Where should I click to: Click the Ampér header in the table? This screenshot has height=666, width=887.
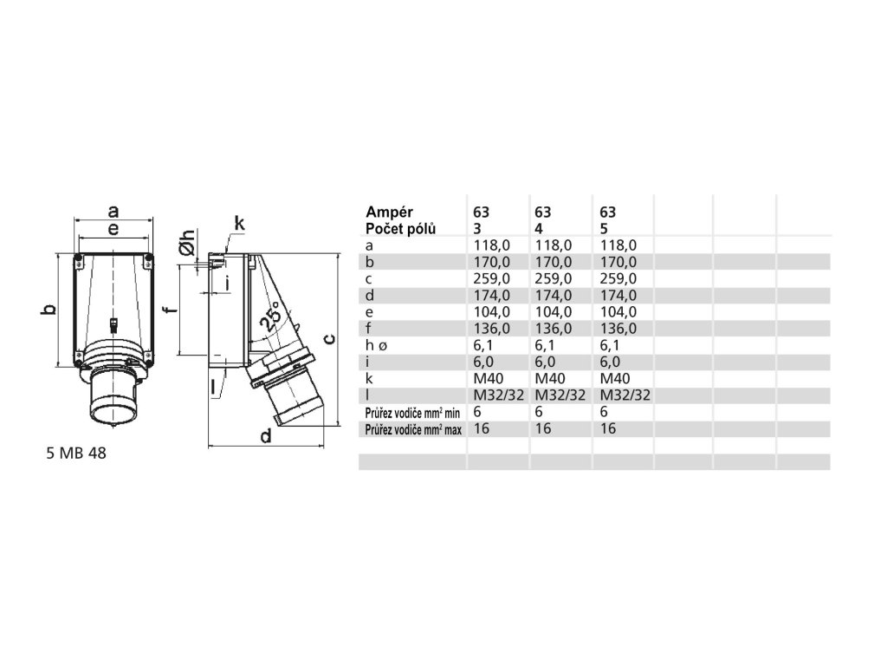click(390, 212)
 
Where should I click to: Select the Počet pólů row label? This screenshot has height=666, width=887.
click(401, 228)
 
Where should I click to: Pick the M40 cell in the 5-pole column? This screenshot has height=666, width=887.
click(615, 378)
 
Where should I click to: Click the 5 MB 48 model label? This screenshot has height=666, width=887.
click(76, 453)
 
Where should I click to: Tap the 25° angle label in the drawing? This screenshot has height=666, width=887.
click(269, 319)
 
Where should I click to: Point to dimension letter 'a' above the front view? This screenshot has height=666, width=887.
click(113, 210)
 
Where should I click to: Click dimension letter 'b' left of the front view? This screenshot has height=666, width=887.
click(49, 310)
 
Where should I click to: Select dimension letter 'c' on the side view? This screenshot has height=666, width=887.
click(329, 339)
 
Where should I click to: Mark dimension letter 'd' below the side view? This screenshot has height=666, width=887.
click(267, 436)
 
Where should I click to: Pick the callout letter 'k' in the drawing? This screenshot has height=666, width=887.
click(240, 224)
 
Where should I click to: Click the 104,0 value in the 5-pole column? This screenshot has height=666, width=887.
click(618, 311)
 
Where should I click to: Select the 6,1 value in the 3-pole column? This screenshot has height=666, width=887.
click(483, 345)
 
